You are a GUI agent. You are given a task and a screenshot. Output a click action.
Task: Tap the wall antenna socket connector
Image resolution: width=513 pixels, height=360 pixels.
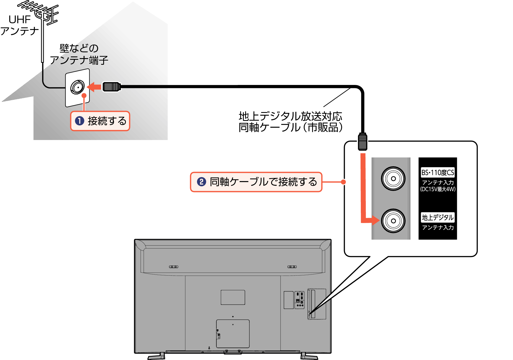[77, 87]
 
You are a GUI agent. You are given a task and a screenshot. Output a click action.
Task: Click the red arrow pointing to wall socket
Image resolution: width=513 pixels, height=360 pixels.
[94, 87]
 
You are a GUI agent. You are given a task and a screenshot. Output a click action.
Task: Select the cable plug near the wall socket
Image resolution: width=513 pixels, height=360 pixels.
[112, 87]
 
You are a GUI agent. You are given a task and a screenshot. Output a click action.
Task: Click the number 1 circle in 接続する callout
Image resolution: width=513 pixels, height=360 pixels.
[80, 121]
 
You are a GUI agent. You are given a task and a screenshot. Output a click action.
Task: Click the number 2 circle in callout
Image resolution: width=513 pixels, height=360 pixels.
[201, 182]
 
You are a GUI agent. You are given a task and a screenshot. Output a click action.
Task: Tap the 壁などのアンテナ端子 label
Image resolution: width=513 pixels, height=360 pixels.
[79, 54]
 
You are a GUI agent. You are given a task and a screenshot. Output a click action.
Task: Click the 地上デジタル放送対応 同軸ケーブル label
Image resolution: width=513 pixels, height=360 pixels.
[291, 122]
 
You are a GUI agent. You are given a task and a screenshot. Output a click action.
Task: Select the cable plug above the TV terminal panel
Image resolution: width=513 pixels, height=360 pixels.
[362, 141]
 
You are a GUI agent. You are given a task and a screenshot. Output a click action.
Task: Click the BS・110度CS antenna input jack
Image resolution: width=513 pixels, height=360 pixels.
[393, 178]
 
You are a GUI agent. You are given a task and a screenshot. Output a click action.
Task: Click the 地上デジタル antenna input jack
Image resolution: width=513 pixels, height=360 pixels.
[393, 221]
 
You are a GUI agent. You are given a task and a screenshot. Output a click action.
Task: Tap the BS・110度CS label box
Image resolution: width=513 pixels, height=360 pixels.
[437, 172]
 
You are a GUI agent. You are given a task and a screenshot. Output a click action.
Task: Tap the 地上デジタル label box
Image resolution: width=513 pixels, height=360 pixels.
[437, 217]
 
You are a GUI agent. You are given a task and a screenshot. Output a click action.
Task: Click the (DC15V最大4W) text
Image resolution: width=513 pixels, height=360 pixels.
[437, 189]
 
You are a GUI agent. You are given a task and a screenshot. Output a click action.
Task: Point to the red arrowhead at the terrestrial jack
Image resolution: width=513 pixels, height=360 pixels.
[375, 220]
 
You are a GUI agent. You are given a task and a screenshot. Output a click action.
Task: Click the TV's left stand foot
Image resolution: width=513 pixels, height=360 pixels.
[157, 356]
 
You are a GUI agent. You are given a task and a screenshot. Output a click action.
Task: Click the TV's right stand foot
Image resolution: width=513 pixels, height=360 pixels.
[309, 356]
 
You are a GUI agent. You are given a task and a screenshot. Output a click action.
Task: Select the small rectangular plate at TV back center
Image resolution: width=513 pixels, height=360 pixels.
[233, 297]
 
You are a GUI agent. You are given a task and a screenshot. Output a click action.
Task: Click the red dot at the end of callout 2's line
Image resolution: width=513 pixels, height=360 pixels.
[343, 182]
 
